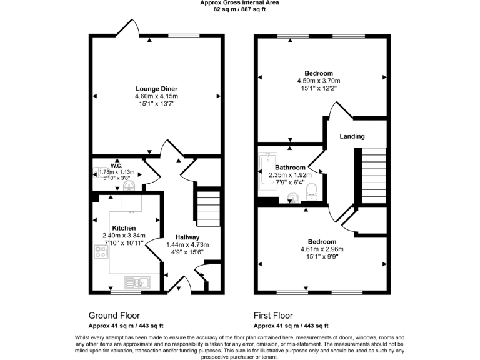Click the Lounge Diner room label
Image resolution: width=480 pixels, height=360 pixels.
coord(156,89)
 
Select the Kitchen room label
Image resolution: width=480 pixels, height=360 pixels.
coord(124,228)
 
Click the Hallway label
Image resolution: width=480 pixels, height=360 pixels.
coord(187,237)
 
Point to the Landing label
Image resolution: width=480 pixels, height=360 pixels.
coord(352,136)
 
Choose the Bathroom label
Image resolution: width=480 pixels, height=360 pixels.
coord(291,167)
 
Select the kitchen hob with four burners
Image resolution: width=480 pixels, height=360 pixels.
coord(101,252)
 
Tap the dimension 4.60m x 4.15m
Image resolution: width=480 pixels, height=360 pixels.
coord(156,96)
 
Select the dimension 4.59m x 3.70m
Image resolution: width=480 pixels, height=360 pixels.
coord(319,81)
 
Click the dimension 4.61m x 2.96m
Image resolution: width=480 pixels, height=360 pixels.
coord(322,249)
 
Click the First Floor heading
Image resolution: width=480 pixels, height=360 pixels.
coord(273,316)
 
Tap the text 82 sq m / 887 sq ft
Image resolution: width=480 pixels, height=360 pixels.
coord(239,9)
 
